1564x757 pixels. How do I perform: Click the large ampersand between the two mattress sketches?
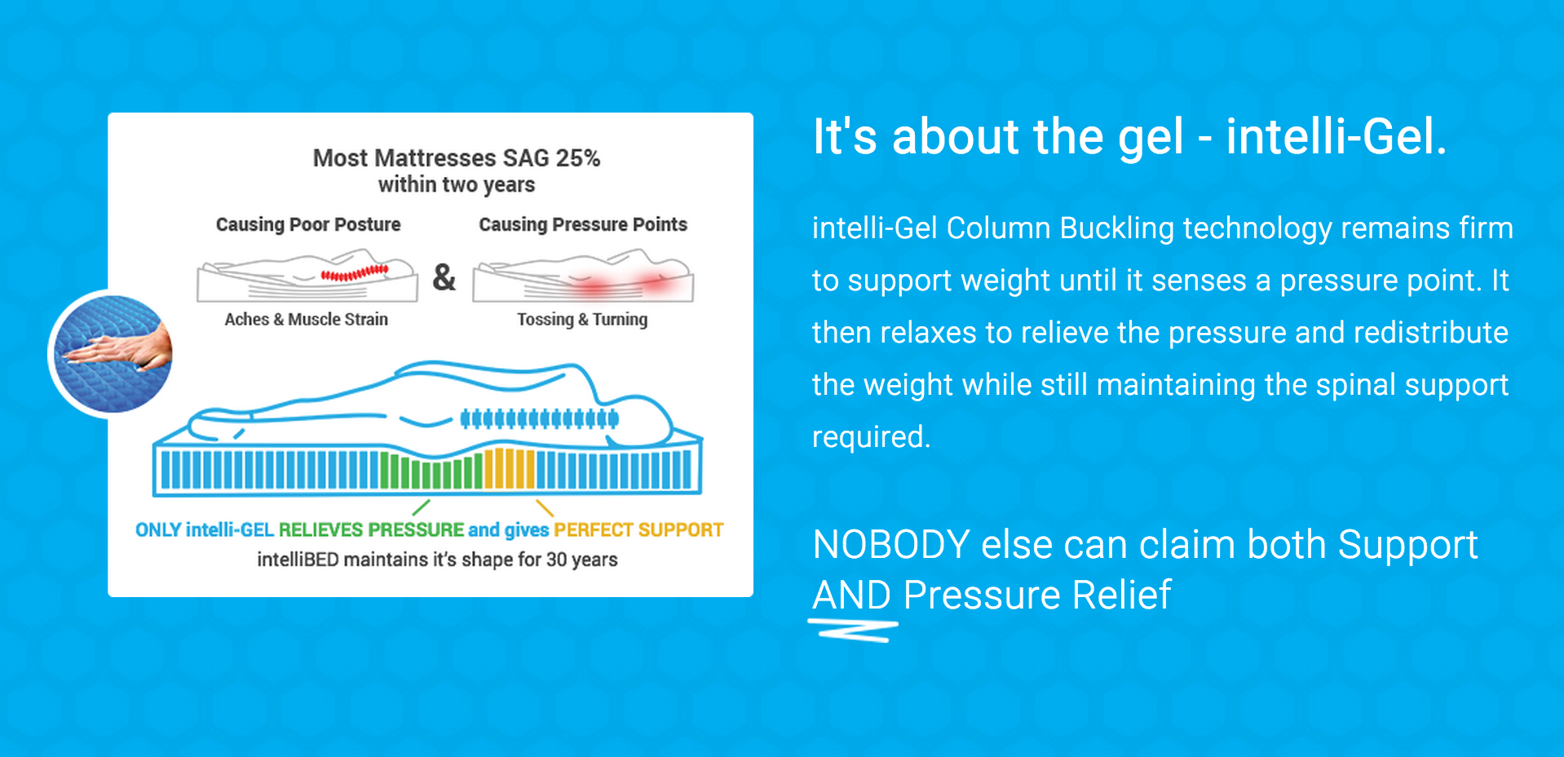coord(444,277)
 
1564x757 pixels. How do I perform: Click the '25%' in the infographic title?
coord(577,157)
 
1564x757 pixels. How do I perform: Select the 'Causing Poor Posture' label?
coord(308,224)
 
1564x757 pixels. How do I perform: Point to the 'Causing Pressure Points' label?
coord(583,224)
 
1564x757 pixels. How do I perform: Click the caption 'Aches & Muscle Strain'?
coord(306,319)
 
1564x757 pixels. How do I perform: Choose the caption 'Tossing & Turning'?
coord(582,319)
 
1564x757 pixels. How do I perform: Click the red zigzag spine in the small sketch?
coord(355,273)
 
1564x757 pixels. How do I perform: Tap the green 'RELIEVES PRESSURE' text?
coord(371,530)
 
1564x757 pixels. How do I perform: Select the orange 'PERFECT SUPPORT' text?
coord(638,530)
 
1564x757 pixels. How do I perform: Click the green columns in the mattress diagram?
coord(431,471)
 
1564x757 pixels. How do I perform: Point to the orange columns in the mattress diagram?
coord(510,468)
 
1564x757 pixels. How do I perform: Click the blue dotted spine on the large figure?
coord(539,419)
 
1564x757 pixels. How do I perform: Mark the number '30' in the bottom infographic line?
coord(557,560)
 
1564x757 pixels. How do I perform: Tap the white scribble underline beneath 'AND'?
coord(853,631)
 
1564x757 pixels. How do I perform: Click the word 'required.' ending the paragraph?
coord(871,437)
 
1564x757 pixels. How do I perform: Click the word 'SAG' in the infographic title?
coord(526,157)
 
